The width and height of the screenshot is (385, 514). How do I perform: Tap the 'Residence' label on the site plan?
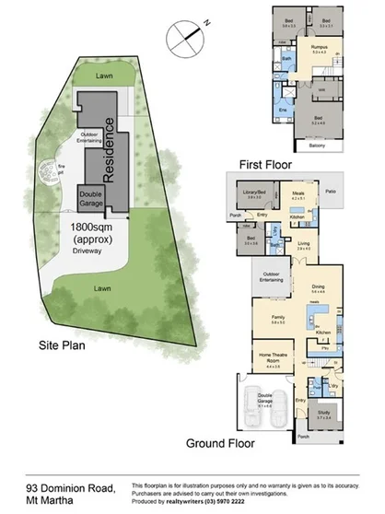pos(108,152)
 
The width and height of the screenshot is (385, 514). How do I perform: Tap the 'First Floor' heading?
pos(265,164)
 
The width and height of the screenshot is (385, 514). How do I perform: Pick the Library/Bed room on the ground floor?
pos(252,193)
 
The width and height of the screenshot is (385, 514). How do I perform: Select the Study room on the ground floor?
pos(321,415)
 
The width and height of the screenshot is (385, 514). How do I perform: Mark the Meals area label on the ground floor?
pos(297,194)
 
